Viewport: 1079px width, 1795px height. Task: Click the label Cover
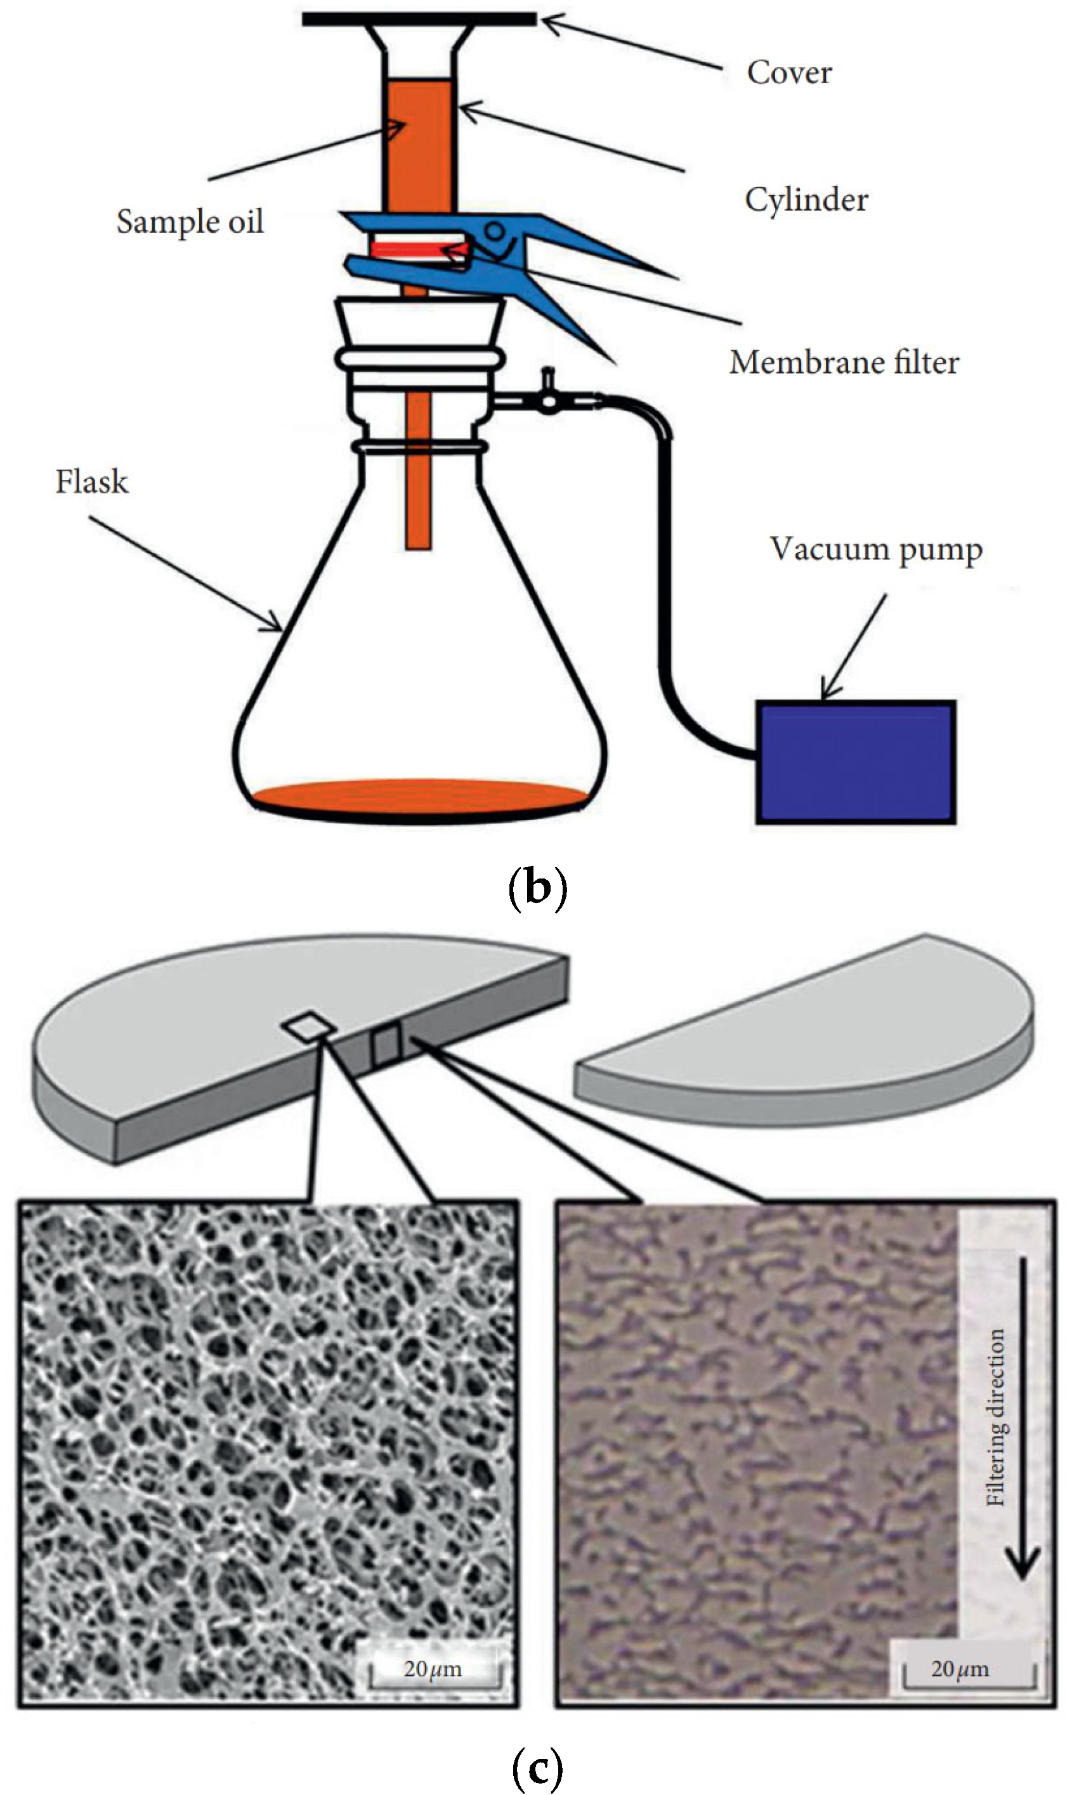pyautogui.click(x=789, y=73)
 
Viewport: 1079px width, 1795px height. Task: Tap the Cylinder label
pyautogui.click(x=806, y=200)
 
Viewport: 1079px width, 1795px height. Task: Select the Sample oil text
pyautogui.click(x=190, y=222)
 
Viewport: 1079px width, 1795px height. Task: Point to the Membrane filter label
pyautogui.click(x=844, y=362)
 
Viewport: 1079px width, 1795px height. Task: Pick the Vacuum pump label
pyautogui.click(x=876, y=550)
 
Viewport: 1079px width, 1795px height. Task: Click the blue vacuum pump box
pyautogui.click(x=855, y=761)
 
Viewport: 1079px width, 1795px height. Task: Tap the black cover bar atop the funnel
pyautogui.click(x=419, y=20)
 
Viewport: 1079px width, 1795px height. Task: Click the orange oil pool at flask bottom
pyautogui.click(x=419, y=795)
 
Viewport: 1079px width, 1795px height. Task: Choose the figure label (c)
pyautogui.click(x=537, y=1769)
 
